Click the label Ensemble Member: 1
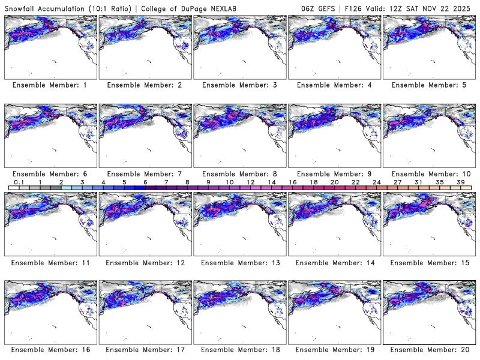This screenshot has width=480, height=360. tap(50, 85)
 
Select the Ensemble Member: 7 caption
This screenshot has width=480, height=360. tap(144, 173)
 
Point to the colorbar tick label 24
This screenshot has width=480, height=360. tap(376, 182)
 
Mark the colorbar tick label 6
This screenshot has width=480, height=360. tap(145, 182)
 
